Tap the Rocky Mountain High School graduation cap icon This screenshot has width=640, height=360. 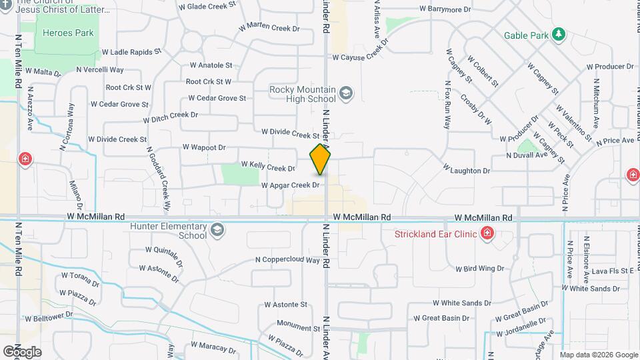tap(345, 93)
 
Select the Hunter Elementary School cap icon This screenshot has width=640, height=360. tap(216, 231)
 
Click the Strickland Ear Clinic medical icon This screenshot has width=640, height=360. tap(487, 233)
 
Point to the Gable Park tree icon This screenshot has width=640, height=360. tap(559, 34)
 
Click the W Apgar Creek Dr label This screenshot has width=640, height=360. tap(290, 185)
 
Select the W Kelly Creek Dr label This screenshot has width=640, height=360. tap(267, 166)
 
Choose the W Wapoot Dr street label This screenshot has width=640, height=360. tap(204, 147)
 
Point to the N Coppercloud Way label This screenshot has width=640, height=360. tap(287, 260)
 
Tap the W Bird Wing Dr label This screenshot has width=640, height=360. tap(479, 268)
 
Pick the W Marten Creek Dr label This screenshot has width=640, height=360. tap(269, 28)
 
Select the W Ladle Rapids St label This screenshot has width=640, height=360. tap(131, 51)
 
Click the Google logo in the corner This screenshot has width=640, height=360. tap(22, 352)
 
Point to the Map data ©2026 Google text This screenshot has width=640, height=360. tap(599, 355)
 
